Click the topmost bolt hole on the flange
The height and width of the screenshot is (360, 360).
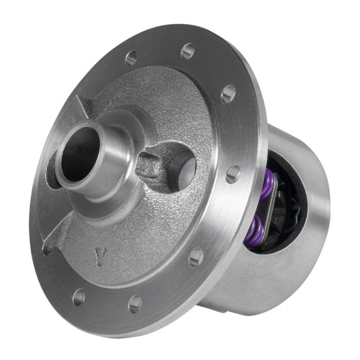click(187, 51)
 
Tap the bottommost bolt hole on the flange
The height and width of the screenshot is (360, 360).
click(135, 304)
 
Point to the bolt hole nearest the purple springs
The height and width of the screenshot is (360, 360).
click(233, 173)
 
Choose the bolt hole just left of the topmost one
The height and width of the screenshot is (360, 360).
click(131, 57)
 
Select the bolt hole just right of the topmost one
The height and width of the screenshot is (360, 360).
click(228, 94)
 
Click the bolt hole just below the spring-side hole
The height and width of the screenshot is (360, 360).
click(196, 257)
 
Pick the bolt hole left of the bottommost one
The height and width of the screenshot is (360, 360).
click(79, 297)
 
